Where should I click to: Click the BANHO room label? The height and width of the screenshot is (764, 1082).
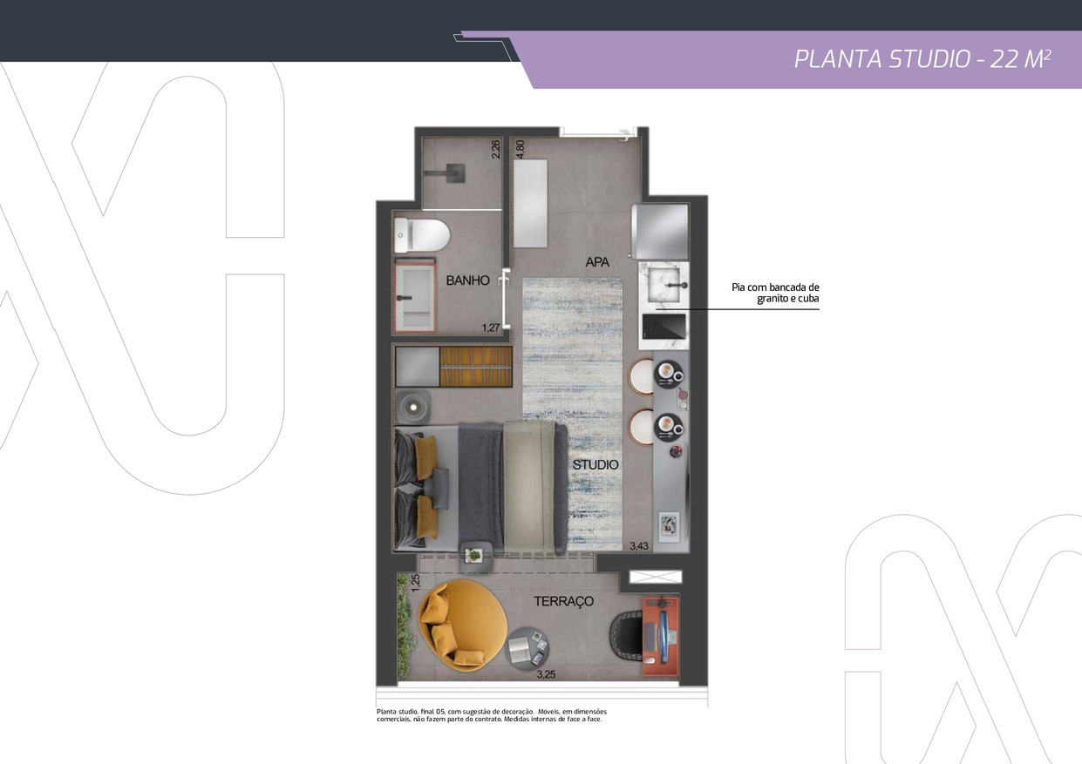467,281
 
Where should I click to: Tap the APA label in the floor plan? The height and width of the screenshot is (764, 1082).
597,262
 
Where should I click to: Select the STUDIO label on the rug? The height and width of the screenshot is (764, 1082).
595,465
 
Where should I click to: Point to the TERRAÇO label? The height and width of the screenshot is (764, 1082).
563,601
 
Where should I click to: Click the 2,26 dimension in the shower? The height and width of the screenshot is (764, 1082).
496,149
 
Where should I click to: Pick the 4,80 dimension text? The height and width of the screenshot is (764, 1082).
521,149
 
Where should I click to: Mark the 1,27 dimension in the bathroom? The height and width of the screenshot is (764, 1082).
491,328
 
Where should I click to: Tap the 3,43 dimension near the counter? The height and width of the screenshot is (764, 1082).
638,546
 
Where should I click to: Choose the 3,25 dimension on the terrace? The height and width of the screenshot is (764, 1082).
546,675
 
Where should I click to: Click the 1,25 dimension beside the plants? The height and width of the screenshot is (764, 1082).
415,583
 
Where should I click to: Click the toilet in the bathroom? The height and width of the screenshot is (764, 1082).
422,235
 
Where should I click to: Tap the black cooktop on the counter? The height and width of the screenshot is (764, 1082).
663,327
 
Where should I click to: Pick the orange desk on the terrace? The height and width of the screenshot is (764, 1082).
660,636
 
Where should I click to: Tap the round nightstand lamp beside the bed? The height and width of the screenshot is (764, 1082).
413,408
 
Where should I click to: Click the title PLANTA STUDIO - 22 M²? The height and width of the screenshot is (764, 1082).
922,60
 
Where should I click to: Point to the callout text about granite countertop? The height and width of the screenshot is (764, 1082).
775,293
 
